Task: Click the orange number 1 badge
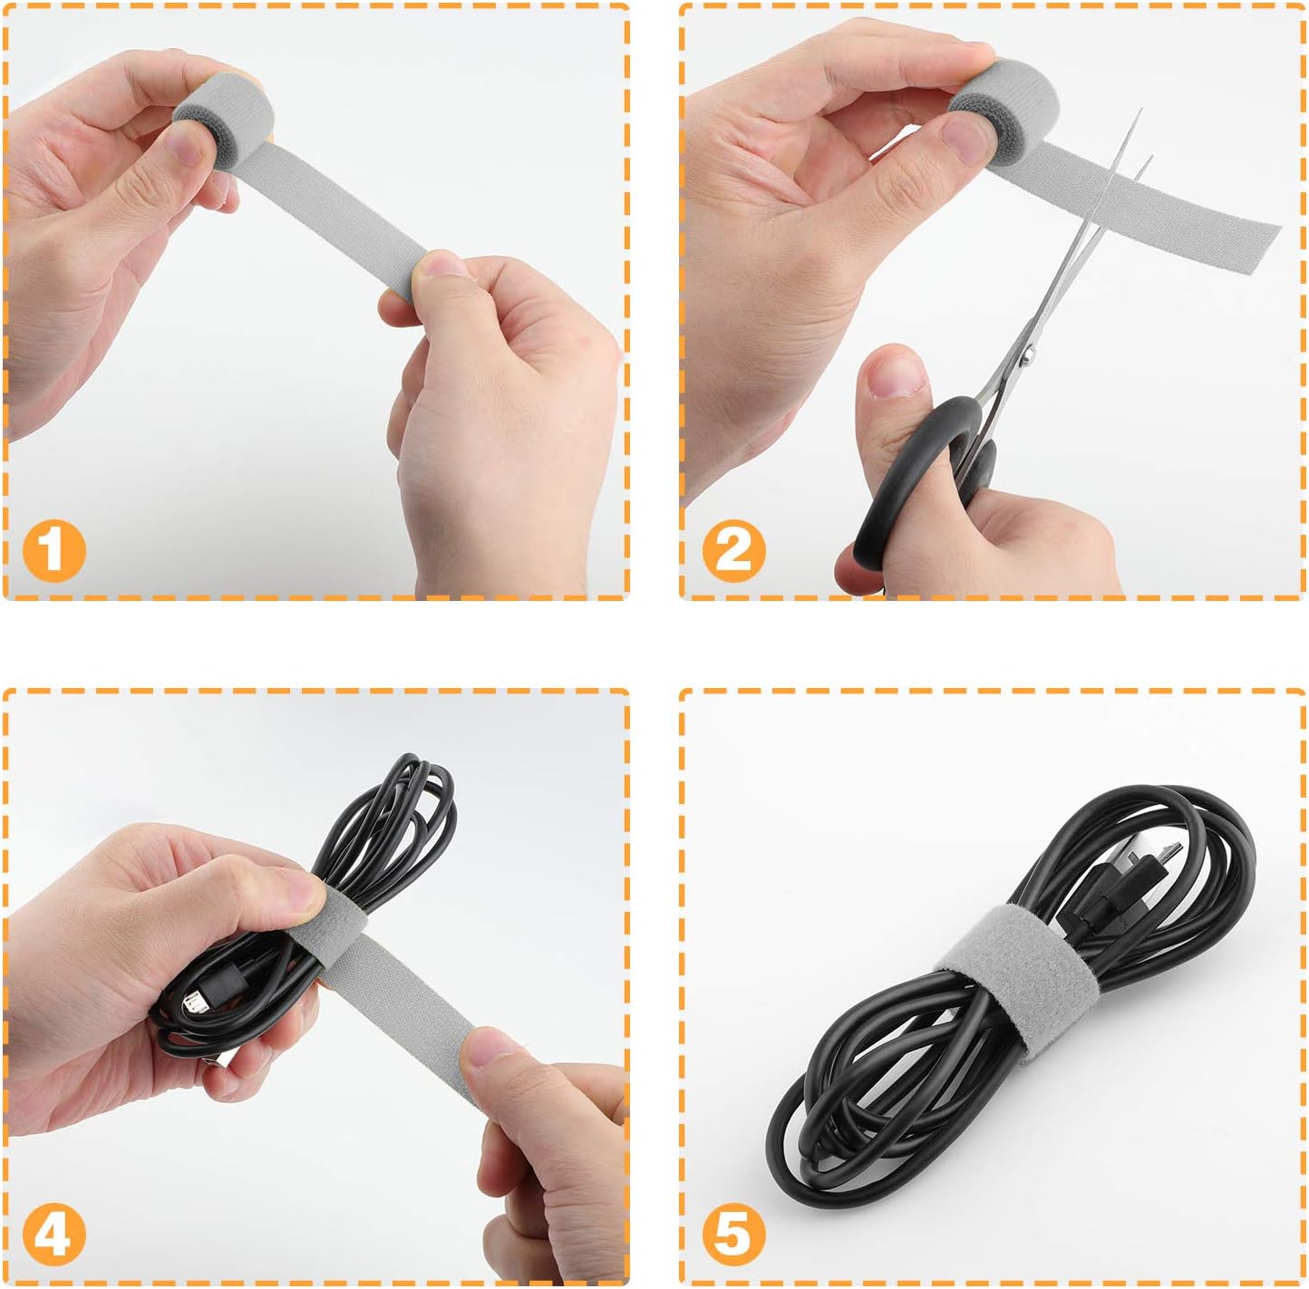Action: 53,550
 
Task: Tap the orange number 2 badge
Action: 733,550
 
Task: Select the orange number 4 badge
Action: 53,1234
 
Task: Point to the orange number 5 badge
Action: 733,1234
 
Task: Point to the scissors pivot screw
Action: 1027,356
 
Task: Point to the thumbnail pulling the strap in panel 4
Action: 495,1049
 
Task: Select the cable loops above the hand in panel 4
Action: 399,807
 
